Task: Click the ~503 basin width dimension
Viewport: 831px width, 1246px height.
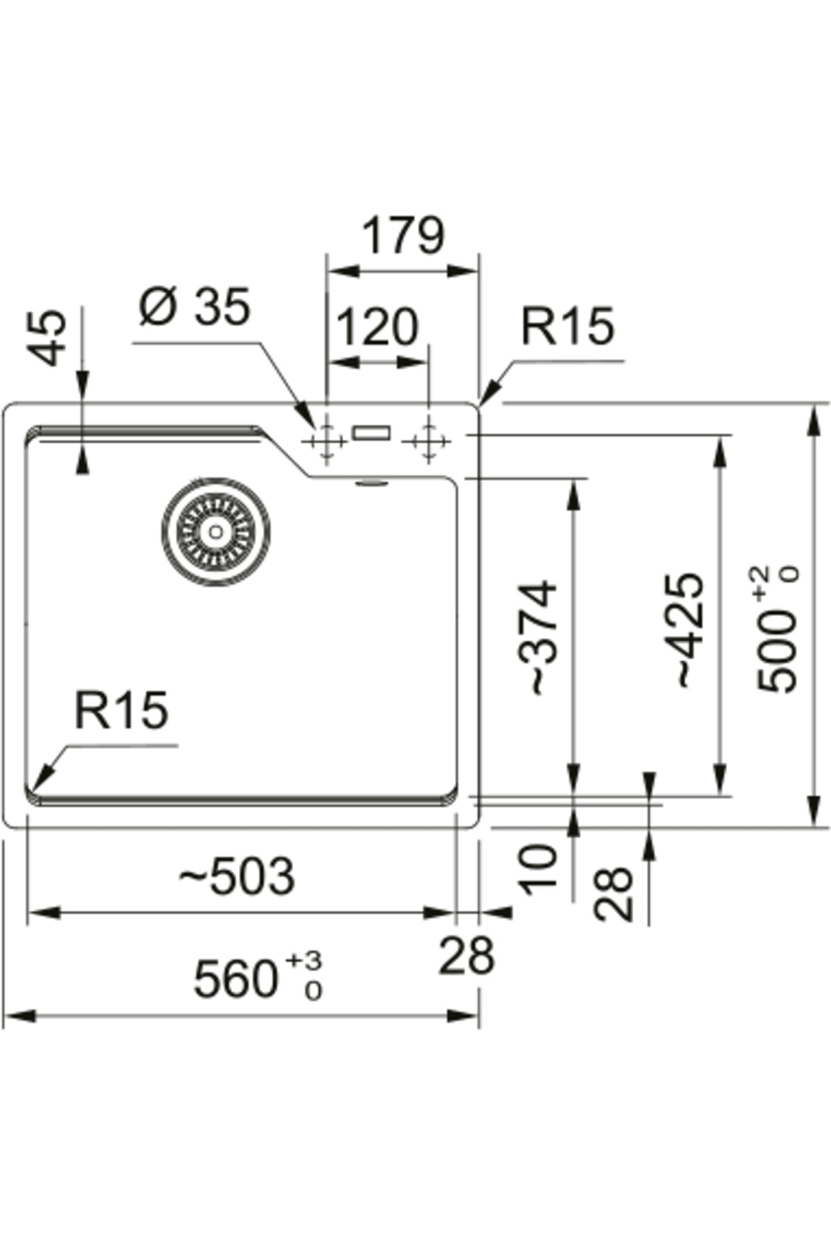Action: coord(237,876)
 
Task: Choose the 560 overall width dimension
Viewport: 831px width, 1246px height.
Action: coord(235,979)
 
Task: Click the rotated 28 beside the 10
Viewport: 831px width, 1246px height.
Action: coord(614,894)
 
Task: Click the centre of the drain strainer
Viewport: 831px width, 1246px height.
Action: coord(216,532)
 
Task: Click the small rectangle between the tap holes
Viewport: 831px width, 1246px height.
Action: coord(371,433)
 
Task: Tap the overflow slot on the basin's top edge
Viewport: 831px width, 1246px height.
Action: coord(372,482)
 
